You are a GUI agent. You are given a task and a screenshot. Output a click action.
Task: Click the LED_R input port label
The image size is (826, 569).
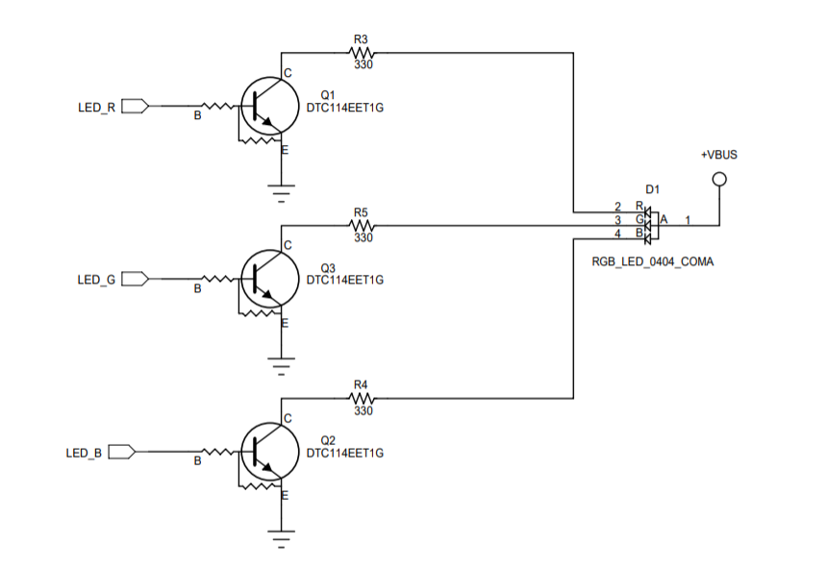coord(96,107)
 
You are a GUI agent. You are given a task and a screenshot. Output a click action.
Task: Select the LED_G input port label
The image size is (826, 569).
coord(96,280)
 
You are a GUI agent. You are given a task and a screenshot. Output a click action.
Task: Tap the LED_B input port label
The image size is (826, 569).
coord(84,453)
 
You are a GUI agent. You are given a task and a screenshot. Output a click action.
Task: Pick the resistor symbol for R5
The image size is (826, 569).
coord(362,226)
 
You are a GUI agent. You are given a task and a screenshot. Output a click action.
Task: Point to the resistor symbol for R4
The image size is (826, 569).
coord(362,397)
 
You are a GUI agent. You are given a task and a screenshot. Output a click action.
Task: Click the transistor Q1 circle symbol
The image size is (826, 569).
coord(266,106)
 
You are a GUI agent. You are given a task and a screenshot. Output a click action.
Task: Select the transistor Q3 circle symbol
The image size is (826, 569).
coord(266,279)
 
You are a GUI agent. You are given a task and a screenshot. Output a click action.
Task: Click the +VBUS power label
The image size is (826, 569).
coord(718,155)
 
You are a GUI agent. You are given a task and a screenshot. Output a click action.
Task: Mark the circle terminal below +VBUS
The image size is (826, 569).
coord(718,179)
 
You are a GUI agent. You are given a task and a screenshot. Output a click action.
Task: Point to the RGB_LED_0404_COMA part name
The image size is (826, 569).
coord(653,261)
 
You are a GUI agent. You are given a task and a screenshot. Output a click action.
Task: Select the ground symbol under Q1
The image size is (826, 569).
coord(281,194)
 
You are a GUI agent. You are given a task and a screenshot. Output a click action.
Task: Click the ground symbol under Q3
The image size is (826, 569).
coord(281,366)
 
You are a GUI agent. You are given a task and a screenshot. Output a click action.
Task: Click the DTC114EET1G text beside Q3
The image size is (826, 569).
coord(344,281)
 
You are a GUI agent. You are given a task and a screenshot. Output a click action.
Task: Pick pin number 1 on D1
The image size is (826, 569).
coord(688,220)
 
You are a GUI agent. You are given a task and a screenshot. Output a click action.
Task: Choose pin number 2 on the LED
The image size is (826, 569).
coord(618,207)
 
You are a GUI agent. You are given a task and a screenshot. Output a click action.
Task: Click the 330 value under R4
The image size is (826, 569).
coord(363,411)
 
